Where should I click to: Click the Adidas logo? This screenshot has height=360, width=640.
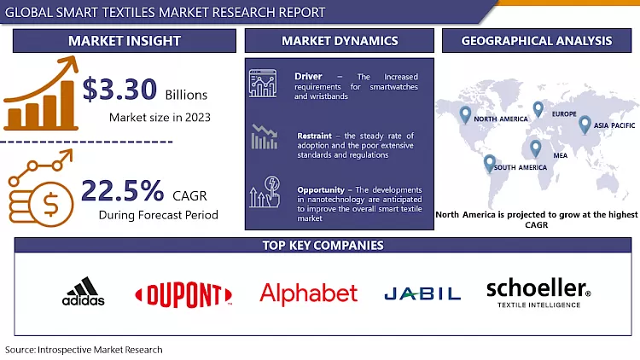click(84, 293)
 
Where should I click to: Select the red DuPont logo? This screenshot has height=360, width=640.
click(183, 294)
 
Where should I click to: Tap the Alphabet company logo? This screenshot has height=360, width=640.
click(308, 293)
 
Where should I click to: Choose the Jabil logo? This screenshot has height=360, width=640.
click(422, 294)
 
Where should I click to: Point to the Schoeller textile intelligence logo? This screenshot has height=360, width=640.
click(538, 292)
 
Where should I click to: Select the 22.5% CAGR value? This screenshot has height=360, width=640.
click(123, 190)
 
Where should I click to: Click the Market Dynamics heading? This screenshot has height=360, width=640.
click(339, 41)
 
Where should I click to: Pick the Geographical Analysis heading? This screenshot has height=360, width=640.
click(536, 41)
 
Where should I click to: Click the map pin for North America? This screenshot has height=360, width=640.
click(465, 113)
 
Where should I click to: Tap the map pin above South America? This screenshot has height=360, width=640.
click(489, 161)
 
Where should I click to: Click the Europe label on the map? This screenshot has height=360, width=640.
click(563, 114)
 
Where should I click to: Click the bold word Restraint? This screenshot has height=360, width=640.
click(316, 134)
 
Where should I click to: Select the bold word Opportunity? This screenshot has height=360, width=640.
click(322, 189)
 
